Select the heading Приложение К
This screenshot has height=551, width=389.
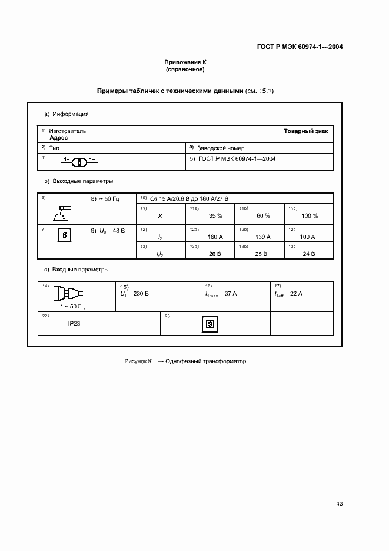(x=185, y=62)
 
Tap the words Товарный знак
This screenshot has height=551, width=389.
(x=310, y=131)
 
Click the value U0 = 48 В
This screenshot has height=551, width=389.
(x=108, y=231)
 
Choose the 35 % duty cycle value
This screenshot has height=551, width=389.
(x=215, y=216)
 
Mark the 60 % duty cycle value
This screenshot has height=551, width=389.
(x=263, y=216)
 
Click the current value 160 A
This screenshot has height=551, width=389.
(x=215, y=237)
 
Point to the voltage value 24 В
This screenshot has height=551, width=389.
(x=308, y=254)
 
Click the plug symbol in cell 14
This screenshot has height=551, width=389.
(x=68, y=293)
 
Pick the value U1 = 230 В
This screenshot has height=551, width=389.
(x=134, y=293)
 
